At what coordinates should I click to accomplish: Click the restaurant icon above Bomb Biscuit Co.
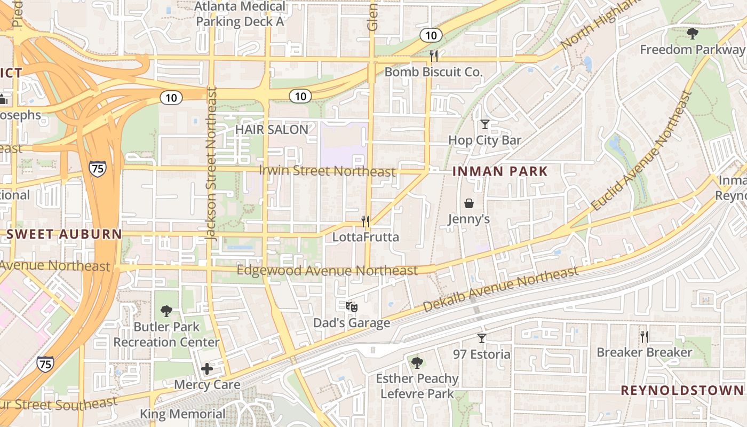click(434, 56)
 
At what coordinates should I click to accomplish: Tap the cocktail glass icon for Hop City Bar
click(484, 124)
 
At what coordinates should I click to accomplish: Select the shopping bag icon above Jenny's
click(469, 203)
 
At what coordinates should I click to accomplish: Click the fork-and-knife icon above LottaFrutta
click(365, 220)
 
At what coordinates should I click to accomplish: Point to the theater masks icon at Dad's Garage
click(351, 307)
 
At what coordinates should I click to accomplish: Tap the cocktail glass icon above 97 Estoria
click(482, 338)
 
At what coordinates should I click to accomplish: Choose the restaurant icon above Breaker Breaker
click(645, 336)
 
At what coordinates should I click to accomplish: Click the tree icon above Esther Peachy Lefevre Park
click(417, 363)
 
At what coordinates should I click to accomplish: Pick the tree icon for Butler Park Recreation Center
click(166, 311)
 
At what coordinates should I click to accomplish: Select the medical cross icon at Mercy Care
click(207, 368)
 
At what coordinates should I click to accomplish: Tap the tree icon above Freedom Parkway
click(693, 34)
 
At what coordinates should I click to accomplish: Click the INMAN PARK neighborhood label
click(500, 171)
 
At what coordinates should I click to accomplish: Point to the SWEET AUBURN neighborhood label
click(64, 234)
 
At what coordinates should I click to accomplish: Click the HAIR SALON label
click(272, 129)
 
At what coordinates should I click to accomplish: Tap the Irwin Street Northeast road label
click(328, 171)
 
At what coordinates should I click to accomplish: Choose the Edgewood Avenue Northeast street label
click(327, 271)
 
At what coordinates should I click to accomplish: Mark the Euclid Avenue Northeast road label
click(642, 151)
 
